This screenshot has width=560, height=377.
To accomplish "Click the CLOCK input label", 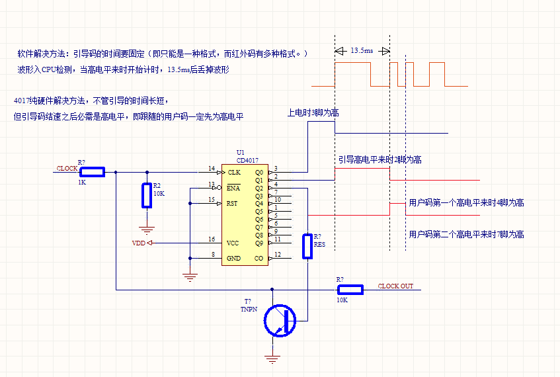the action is pos(67,168).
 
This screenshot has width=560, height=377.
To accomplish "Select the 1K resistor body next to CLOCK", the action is pos(92,172).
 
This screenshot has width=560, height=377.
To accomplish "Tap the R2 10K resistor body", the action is pos(147,195).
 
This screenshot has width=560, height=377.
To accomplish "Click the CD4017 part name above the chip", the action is pos(247,161).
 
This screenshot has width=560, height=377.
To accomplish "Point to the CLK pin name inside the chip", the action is pos(234,172).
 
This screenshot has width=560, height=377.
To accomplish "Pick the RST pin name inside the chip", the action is pos(232,203).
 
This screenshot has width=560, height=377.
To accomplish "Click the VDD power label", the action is pos(139,243).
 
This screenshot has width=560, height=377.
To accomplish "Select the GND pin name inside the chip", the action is pos(233,259).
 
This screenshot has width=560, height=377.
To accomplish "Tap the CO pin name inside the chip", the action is pos(259,259).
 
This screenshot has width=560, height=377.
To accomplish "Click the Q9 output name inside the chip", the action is pos(259,243).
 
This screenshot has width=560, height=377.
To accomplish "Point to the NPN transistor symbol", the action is pos(280,321).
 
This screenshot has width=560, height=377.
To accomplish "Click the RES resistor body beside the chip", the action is pos(307,246).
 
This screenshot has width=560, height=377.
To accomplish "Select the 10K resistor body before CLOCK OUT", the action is pos(350,290).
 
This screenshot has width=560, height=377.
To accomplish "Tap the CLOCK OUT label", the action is pos(395,286).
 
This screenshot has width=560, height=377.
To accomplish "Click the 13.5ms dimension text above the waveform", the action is pos(362,50).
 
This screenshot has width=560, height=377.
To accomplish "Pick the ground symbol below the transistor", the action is pos(272,358).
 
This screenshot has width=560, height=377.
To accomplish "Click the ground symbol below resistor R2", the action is pos(147,230).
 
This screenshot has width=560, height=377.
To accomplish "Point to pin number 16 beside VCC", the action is pos(212,239).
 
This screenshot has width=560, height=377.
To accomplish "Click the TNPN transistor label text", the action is pos(249,309).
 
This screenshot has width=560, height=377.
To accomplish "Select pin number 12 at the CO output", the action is pos(278,255).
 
